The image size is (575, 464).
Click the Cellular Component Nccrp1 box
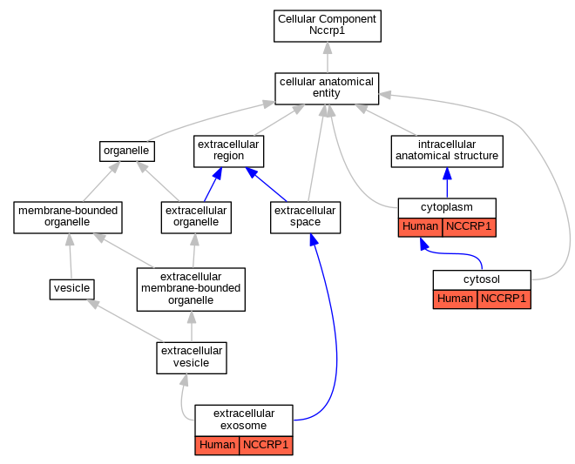click(x=327, y=26)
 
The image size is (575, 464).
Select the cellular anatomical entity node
click(x=327, y=89)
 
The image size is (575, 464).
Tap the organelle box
click(x=127, y=151)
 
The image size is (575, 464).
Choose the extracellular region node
click(x=228, y=151)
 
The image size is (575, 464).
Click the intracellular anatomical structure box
click(x=447, y=151)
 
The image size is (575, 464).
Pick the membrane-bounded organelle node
click(x=68, y=218)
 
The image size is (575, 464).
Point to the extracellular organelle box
click(x=196, y=218)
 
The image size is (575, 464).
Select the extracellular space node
click(x=305, y=218)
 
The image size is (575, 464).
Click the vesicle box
click(x=71, y=289)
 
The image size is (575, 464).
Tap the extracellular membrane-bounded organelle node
click(x=191, y=289)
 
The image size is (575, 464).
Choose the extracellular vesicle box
click(x=192, y=358)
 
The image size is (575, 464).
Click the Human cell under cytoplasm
click(x=420, y=227)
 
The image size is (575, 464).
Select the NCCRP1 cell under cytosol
click(x=504, y=299)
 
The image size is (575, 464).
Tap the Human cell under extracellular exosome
click(x=217, y=446)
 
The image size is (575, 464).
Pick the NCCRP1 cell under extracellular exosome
click(x=266, y=446)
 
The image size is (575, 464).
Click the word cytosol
click(x=482, y=279)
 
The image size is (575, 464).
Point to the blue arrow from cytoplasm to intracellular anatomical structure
click(x=447, y=183)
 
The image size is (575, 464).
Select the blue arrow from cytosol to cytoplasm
click(x=455, y=253)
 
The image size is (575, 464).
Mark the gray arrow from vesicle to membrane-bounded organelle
click(x=70, y=256)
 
